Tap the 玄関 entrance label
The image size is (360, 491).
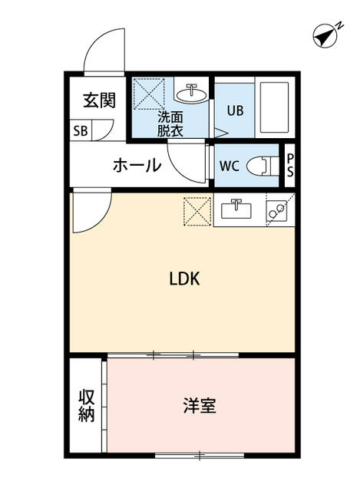click(x=100, y=101)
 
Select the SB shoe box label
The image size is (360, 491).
click(x=81, y=130)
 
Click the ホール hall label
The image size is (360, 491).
click(x=137, y=165)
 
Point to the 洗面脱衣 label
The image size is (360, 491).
click(x=170, y=124)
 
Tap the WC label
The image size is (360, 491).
click(x=230, y=166)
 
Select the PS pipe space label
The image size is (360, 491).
click(x=289, y=165)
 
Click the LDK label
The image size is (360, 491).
click(x=184, y=279)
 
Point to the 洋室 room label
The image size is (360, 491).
click(x=199, y=405)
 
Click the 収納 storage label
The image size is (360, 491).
click(x=86, y=406)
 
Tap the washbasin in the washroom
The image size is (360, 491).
click(x=190, y=94)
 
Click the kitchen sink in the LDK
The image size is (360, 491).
click(x=237, y=208)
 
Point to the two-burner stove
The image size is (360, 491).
click(x=277, y=209)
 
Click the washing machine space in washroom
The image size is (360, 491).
click(x=150, y=94)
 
